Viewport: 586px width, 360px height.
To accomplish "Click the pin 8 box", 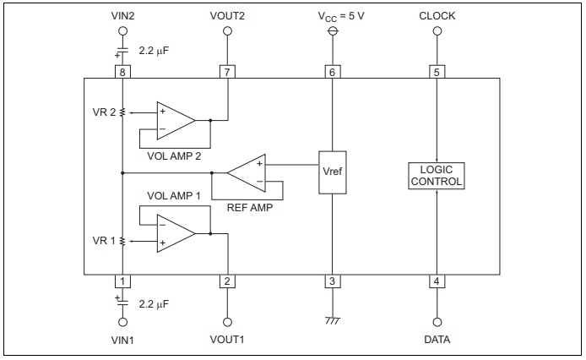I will coord(122,73).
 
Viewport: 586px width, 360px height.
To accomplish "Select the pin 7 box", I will coord(226,73).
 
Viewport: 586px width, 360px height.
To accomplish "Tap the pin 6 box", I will coord(333,73).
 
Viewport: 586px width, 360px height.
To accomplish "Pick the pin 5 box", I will coord(437,73).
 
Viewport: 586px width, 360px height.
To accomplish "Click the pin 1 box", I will coord(122,281).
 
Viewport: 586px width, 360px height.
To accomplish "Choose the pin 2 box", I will coord(226,281).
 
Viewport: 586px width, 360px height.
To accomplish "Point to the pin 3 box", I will coord(333,281).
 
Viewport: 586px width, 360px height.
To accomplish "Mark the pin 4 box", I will coord(437,281).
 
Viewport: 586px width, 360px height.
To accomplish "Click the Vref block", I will coord(333,172).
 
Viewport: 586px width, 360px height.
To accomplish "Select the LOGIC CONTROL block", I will coord(436,175).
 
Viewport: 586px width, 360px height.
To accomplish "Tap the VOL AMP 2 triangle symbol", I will coord(174,120).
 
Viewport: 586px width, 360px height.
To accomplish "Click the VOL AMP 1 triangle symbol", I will coord(174,233).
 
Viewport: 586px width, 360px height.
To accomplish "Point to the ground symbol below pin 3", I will coord(333,321).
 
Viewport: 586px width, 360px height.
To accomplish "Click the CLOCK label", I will coord(437,15).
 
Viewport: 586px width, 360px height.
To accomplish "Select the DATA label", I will coord(437,340).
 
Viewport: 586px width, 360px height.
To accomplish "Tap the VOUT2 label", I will coord(226,15).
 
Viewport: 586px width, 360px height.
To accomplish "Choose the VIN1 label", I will coord(122,340).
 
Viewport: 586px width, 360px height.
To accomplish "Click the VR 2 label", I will coord(105,112).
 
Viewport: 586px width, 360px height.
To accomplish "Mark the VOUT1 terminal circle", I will coord(226,322).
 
